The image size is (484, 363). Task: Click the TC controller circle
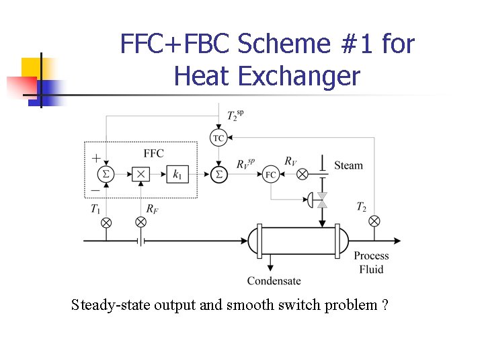pos(218,138)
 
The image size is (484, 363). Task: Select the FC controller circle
pos(271,174)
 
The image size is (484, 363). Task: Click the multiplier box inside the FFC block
pos(140,174)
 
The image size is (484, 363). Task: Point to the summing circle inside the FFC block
pos(105,174)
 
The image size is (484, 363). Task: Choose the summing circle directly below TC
pos(218,174)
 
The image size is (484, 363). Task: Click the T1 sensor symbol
pos(105,223)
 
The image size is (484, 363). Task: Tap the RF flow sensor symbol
pos(140,223)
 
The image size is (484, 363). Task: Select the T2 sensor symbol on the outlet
pos(374,220)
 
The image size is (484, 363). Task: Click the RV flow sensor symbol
pos(302,174)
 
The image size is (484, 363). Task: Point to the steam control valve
pos(321,200)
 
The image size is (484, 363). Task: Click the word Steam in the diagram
pos(348,165)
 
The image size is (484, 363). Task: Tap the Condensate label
pos(274,280)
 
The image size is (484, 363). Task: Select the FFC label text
pos(154,153)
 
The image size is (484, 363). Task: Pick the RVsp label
pos(246,163)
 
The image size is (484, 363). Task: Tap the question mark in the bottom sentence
pos(384,305)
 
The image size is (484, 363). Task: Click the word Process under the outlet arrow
pos(371,255)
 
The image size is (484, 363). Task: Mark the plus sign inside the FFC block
pos(96,159)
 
